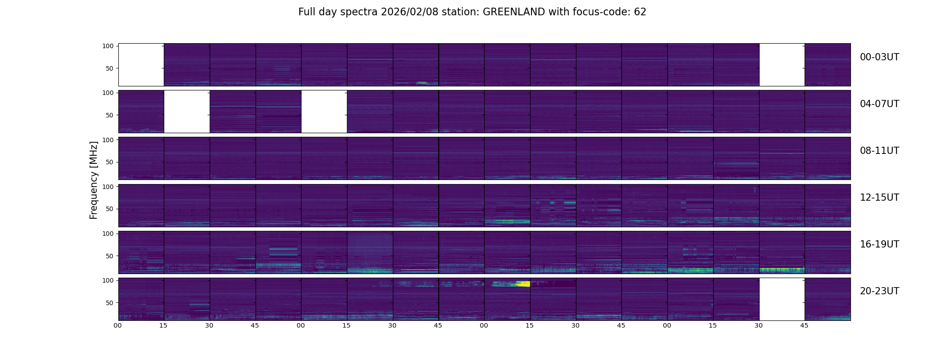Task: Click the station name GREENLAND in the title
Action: tap(514, 12)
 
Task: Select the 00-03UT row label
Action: tap(879, 57)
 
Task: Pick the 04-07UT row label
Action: tap(879, 104)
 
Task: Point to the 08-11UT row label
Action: tap(879, 151)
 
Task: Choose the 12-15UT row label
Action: tap(879, 198)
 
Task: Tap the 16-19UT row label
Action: tap(879, 244)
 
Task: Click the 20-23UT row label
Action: tap(879, 291)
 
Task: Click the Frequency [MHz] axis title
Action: tap(94, 180)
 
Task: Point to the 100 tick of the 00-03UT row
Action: tap(108, 46)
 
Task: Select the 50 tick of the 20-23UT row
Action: tap(109, 303)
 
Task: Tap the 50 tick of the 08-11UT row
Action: tap(109, 162)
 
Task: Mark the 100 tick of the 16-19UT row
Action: tap(108, 234)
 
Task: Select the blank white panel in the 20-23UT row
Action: tap(782, 299)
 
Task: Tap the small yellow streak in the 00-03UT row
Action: tap(422, 82)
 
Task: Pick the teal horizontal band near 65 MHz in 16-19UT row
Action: tap(283, 249)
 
